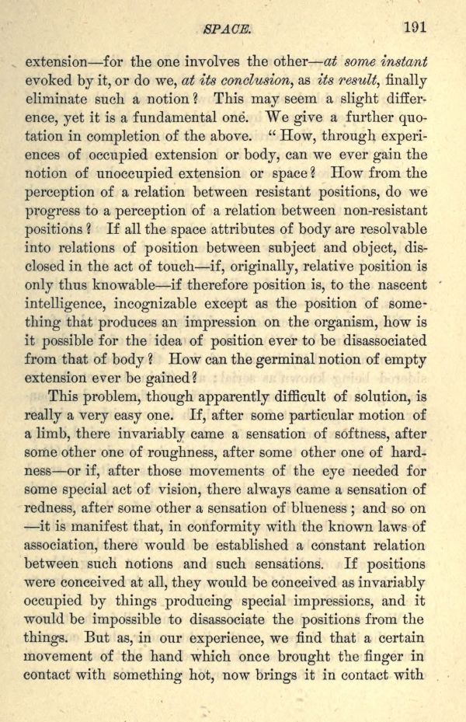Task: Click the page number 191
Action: (415, 26)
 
